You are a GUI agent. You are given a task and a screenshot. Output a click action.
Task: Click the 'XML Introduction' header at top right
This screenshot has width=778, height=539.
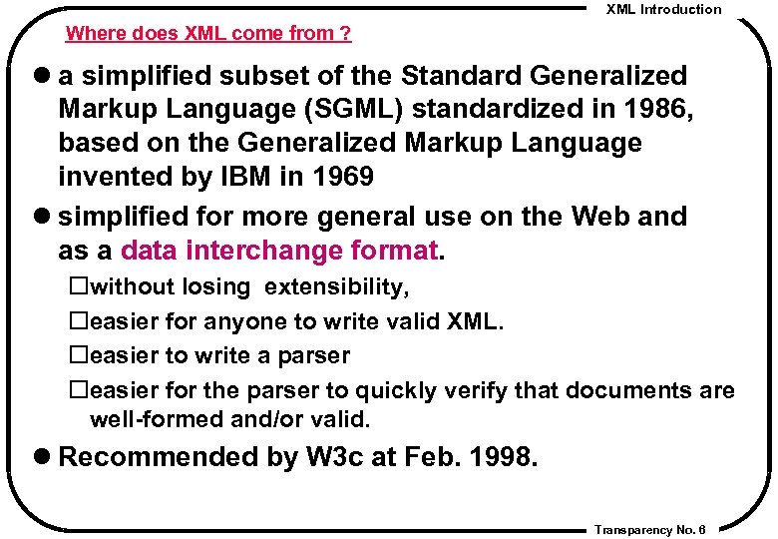[x=663, y=9]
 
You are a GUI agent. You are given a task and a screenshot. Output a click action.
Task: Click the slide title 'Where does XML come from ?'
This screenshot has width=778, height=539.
[x=207, y=34]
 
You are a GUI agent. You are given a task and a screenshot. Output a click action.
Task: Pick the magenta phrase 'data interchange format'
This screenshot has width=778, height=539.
[x=280, y=250]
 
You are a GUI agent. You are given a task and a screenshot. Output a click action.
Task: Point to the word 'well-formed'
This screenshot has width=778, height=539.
[x=157, y=419]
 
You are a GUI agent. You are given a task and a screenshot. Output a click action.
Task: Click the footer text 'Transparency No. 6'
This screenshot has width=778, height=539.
[x=649, y=528]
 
